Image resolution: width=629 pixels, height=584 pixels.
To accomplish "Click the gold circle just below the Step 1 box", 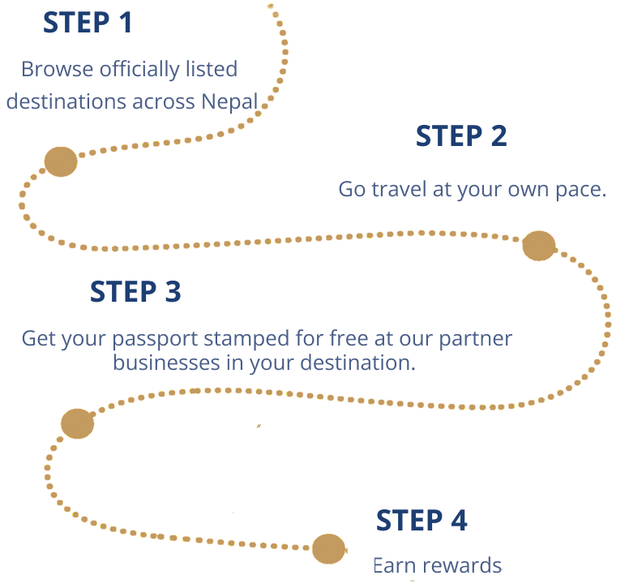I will tap(61, 162).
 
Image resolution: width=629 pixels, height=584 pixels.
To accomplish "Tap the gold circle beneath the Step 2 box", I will tap(538, 245).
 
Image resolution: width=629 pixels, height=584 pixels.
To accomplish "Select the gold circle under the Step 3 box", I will tap(78, 423).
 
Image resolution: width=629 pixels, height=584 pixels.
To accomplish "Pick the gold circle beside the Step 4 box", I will tap(328, 548).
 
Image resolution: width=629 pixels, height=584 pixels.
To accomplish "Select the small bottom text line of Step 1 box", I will tap(131, 101).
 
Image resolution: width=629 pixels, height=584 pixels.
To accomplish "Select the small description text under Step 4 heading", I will tap(439, 561).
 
